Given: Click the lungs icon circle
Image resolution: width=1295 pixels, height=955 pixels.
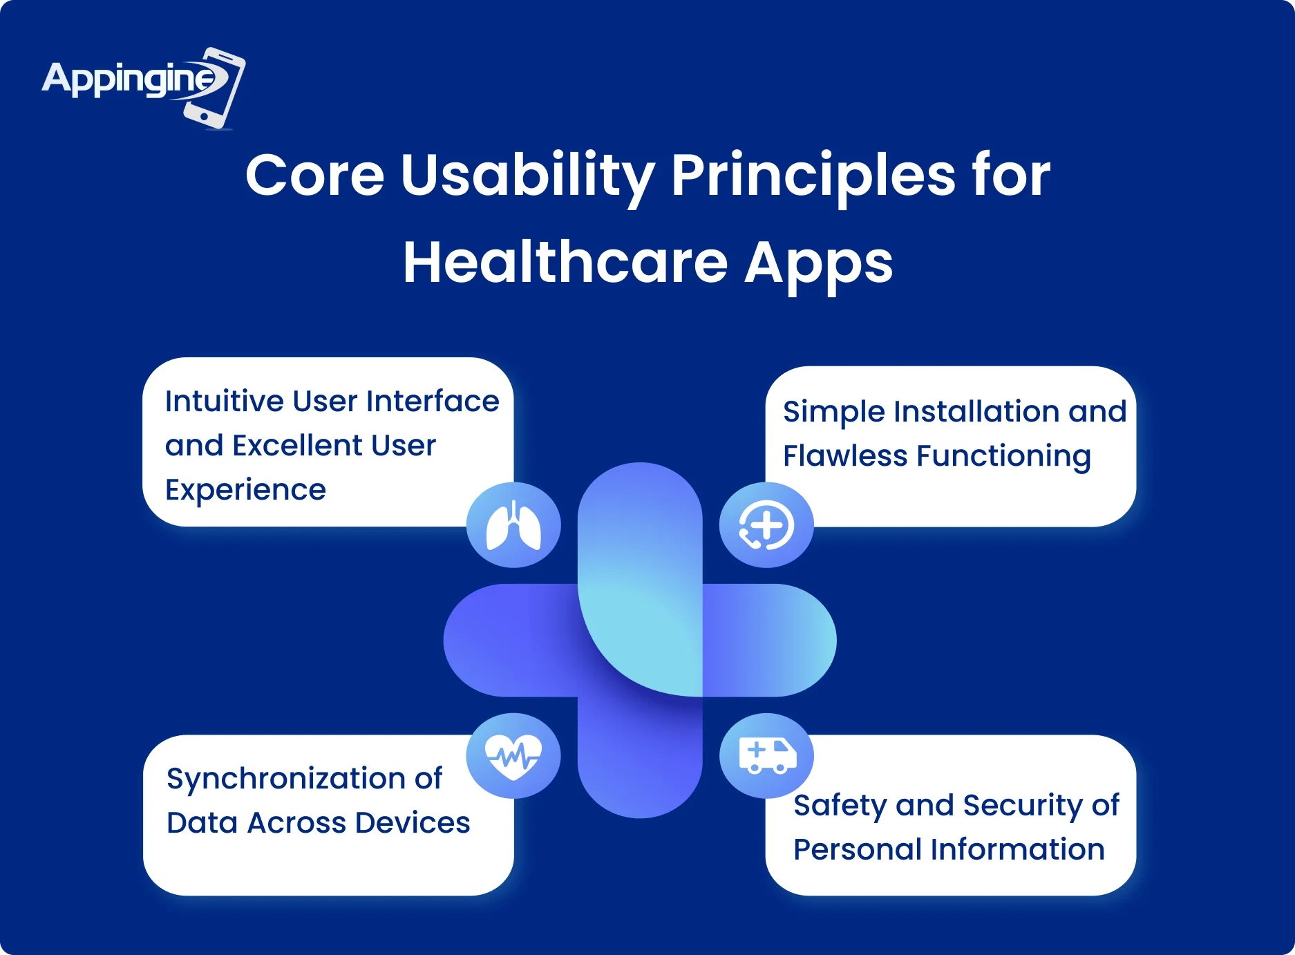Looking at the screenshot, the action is click(513, 525).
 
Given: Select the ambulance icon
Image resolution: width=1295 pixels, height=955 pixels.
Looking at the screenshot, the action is click(767, 755).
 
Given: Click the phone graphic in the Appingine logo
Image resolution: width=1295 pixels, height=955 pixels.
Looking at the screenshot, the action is click(214, 88).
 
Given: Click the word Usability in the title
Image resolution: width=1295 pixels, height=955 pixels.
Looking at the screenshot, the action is click(527, 176).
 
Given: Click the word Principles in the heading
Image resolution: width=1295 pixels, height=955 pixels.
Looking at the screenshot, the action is click(813, 176).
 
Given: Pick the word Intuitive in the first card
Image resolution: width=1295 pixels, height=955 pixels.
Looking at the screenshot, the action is click(224, 401).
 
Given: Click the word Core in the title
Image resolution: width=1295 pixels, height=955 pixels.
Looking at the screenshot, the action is click(315, 176).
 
